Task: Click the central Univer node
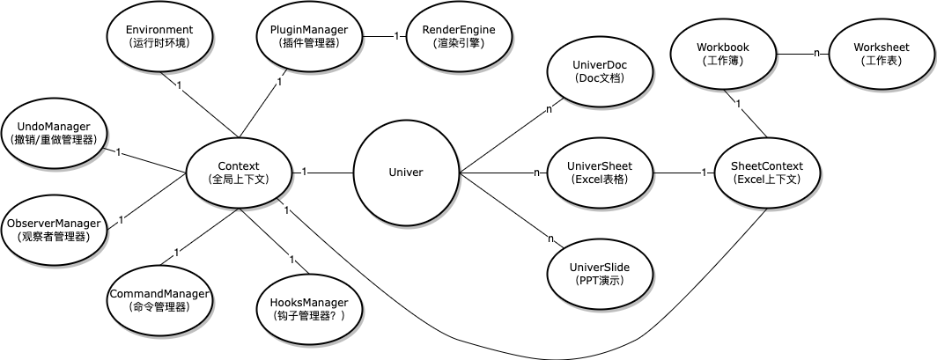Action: click(406, 173)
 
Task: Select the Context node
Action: click(239, 172)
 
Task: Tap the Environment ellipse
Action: click(159, 36)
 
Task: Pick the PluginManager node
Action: click(309, 36)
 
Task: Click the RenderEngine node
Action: click(458, 36)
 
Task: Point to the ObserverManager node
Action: click(54, 230)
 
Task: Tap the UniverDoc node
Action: click(601, 71)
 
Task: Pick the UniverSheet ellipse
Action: click(601, 173)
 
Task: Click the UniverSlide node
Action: click(601, 274)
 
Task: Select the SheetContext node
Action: click(767, 173)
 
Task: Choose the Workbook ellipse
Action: click(722, 54)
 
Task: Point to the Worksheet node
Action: click(882, 54)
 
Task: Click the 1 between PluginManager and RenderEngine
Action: click(396, 36)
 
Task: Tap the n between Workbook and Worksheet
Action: click(815, 53)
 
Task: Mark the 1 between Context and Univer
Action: click(304, 172)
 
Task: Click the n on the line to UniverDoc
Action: click(548, 109)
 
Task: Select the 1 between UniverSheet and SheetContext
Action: click(704, 173)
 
